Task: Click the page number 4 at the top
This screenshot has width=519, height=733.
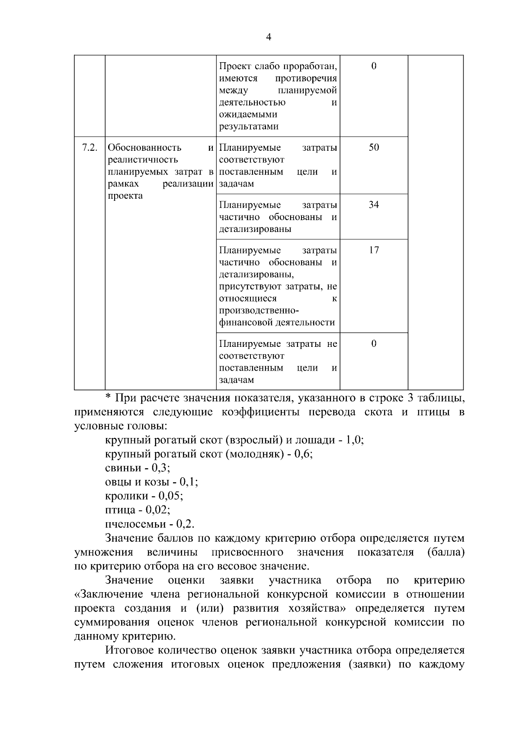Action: click(268, 37)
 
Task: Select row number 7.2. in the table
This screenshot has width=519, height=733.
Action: click(89, 148)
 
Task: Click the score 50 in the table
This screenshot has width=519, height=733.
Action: click(374, 148)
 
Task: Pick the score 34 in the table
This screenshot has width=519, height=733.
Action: click(374, 205)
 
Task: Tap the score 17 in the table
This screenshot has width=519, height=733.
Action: click(374, 250)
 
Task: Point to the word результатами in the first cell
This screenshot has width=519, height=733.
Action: click(249, 127)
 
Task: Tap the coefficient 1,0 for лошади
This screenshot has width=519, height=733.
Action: click(354, 440)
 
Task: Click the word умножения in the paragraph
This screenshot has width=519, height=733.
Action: click(103, 552)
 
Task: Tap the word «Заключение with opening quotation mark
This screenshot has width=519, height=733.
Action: click(106, 594)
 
